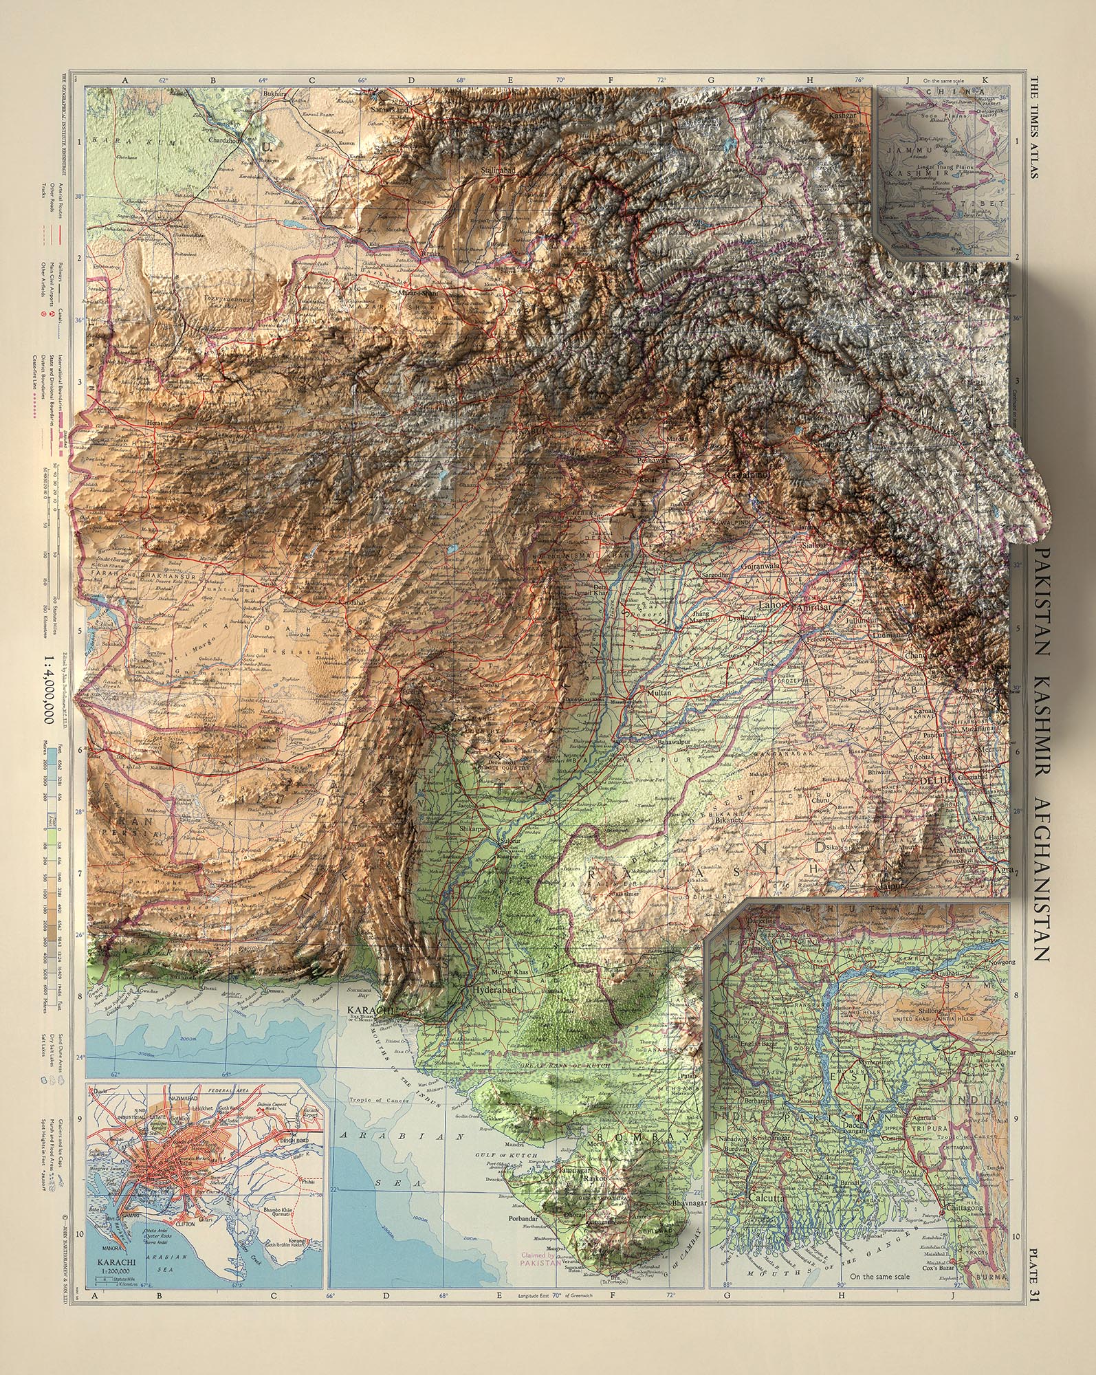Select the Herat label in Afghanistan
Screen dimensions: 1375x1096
coord(157,424)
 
